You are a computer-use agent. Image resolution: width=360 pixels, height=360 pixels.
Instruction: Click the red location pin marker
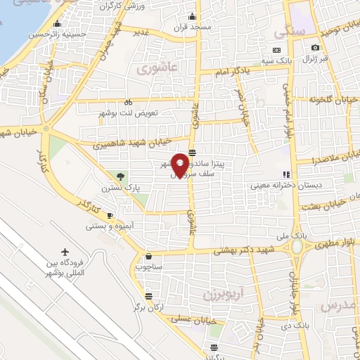click(180, 165)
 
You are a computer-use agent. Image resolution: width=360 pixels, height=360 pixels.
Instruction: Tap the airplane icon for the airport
click(66, 252)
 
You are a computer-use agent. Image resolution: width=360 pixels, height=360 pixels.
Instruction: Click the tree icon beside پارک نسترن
click(122, 176)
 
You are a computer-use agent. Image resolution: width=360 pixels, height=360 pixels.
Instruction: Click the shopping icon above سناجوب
click(148, 256)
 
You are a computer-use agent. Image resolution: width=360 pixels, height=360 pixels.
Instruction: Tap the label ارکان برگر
click(147, 308)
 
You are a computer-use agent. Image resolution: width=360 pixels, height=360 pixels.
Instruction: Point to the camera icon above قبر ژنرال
click(315, 47)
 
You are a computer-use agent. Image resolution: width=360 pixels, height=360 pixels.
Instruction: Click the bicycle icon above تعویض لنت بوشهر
click(128, 101)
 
